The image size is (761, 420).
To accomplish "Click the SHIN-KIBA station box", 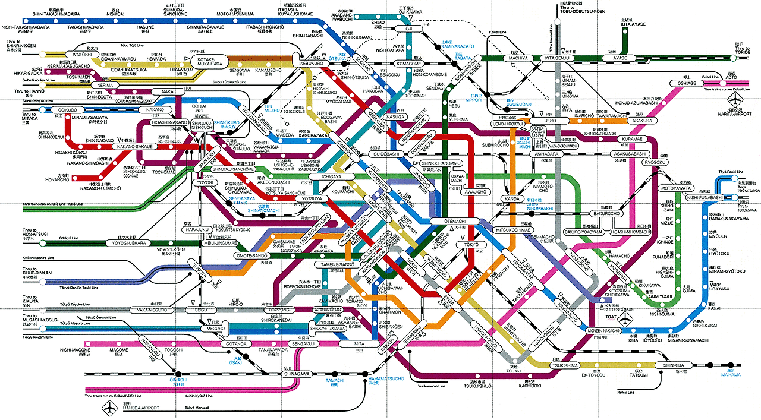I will (x=671, y=365).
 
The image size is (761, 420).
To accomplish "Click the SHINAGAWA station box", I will (x=298, y=374).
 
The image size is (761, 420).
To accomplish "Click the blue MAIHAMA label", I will (x=731, y=375).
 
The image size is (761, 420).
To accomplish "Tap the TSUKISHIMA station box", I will (x=565, y=365).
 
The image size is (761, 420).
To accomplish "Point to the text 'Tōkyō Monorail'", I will (x=198, y=408).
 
